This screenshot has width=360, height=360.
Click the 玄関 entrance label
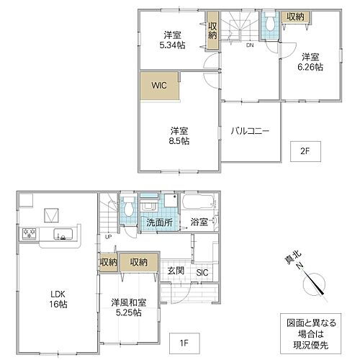click(176, 271)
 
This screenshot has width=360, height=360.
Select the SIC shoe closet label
click(202, 271)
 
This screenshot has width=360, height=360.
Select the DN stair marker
click(249, 45)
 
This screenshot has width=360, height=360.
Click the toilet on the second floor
click(269, 24)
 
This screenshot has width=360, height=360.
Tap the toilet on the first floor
click(127, 209)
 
